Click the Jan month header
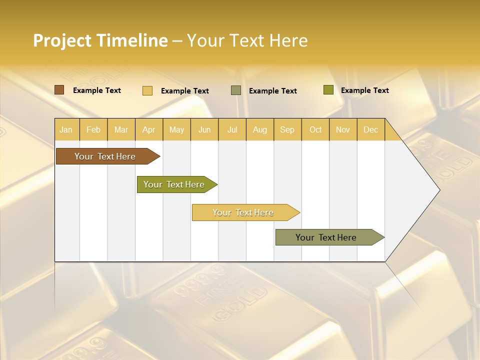[66, 129]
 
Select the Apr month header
[149, 129]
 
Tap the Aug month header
[260, 129]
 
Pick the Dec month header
[370, 129]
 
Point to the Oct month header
[315, 129]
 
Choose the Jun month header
[204, 129]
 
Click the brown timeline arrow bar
[105, 156]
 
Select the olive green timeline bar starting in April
[174, 184]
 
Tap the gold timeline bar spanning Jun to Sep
[243, 212]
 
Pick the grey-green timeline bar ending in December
[326, 237]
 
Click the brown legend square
[59, 90]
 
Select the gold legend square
[147, 90]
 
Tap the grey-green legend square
[236, 90]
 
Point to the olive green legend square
[328, 90]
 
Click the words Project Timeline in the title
[100, 40]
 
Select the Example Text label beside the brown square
[97, 90]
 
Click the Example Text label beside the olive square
[365, 90]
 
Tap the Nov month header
[343, 129]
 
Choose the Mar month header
[121, 129]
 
